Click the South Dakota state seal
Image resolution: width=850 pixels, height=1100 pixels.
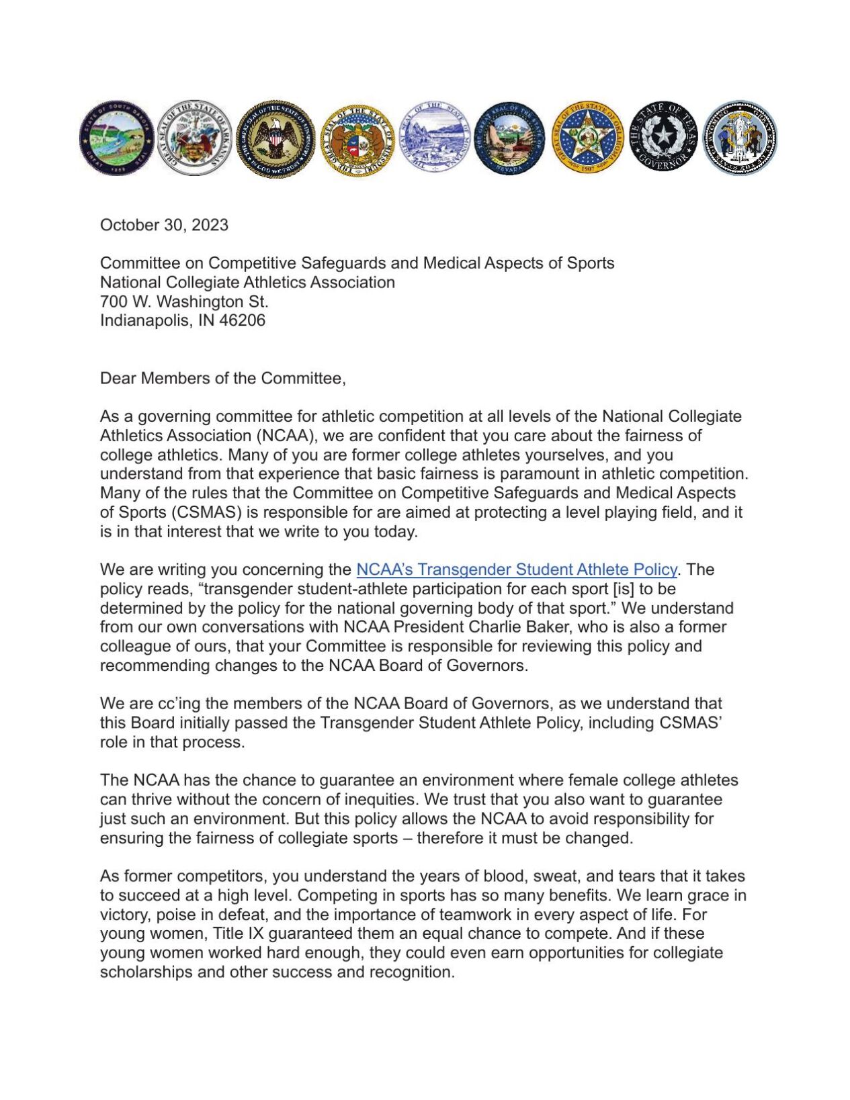point(116,138)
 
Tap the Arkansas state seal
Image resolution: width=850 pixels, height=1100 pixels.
point(194,138)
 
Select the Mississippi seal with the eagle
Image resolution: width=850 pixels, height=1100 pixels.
point(275,139)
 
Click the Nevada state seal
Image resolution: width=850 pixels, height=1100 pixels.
point(509,138)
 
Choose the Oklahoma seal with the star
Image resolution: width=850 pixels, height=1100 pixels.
point(587,138)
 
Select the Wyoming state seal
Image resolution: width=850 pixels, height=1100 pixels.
point(740,138)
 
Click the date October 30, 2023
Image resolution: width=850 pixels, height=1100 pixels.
point(164,225)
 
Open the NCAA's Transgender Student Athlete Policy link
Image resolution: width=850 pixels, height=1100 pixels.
point(516,569)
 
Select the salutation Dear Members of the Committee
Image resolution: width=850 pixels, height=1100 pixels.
point(222,378)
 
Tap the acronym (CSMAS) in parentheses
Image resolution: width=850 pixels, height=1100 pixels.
point(206,512)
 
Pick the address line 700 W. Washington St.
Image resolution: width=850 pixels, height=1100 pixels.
point(184,302)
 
